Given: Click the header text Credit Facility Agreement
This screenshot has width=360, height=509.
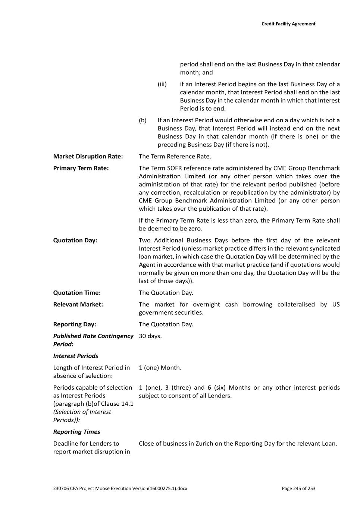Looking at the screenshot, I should pyautogui.click(x=288, y=24).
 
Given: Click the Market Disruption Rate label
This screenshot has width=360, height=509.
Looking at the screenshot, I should pyautogui.click(x=88, y=157).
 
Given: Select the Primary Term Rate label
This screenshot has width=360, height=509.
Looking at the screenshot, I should pyautogui.click(x=81, y=168).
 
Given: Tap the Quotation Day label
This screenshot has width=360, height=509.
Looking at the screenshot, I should pyautogui.click(x=75, y=241).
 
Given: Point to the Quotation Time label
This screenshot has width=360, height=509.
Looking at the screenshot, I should pyautogui.click(x=77, y=293).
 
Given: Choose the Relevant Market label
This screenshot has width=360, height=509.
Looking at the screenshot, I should pyautogui.click(x=78, y=305).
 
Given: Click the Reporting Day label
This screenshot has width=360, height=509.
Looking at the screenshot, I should pyautogui.click(x=75, y=324).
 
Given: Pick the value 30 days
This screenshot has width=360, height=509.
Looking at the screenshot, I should pyautogui.click(x=150, y=336).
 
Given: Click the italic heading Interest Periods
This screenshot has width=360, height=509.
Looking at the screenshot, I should pyautogui.click(x=76, y=356).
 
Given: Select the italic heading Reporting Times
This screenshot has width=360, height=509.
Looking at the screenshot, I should pyautogui.click(x=77, y=432).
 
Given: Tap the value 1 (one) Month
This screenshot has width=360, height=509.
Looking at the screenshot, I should pyautogui.click(x=160, y=368).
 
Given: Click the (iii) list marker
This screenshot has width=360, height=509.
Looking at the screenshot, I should pyautogui.click(x=162, y=84).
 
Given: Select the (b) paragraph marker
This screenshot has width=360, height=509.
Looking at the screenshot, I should pyautogui.click(x=143, y=120).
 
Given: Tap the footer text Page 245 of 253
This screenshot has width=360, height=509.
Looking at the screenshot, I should pyautogui.click(x=298, y=488).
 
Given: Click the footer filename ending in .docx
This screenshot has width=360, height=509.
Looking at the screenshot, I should pyautogui.click(x=120, y=488).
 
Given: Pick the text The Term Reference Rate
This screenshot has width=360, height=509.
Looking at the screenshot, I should pyautogui.click(x=175, y=157).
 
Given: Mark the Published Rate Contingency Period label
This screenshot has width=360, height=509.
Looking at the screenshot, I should pyautogui.click(x=93, y=340).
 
